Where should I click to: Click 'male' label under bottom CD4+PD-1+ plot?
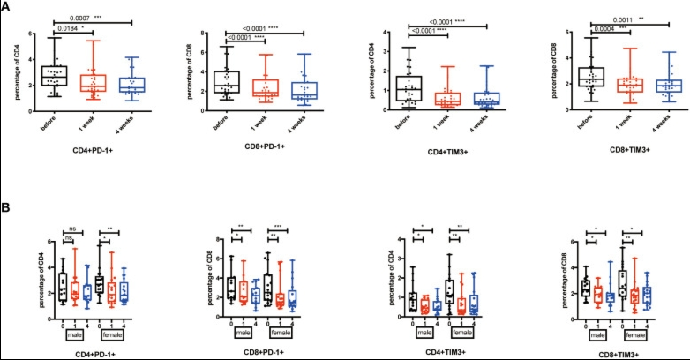pyautogui.click(x=64, y=334)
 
